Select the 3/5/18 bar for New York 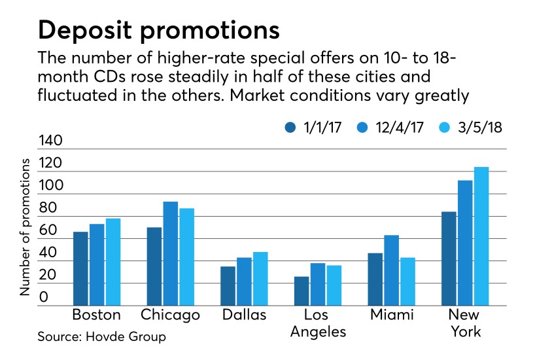pos(481,236)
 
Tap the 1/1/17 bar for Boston pos(80,268)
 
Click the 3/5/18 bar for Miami pos(407,281)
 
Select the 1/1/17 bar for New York pos(448,258)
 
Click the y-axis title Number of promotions pos(25,226)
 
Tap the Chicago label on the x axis pos(170,315)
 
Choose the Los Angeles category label pos(317,323)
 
